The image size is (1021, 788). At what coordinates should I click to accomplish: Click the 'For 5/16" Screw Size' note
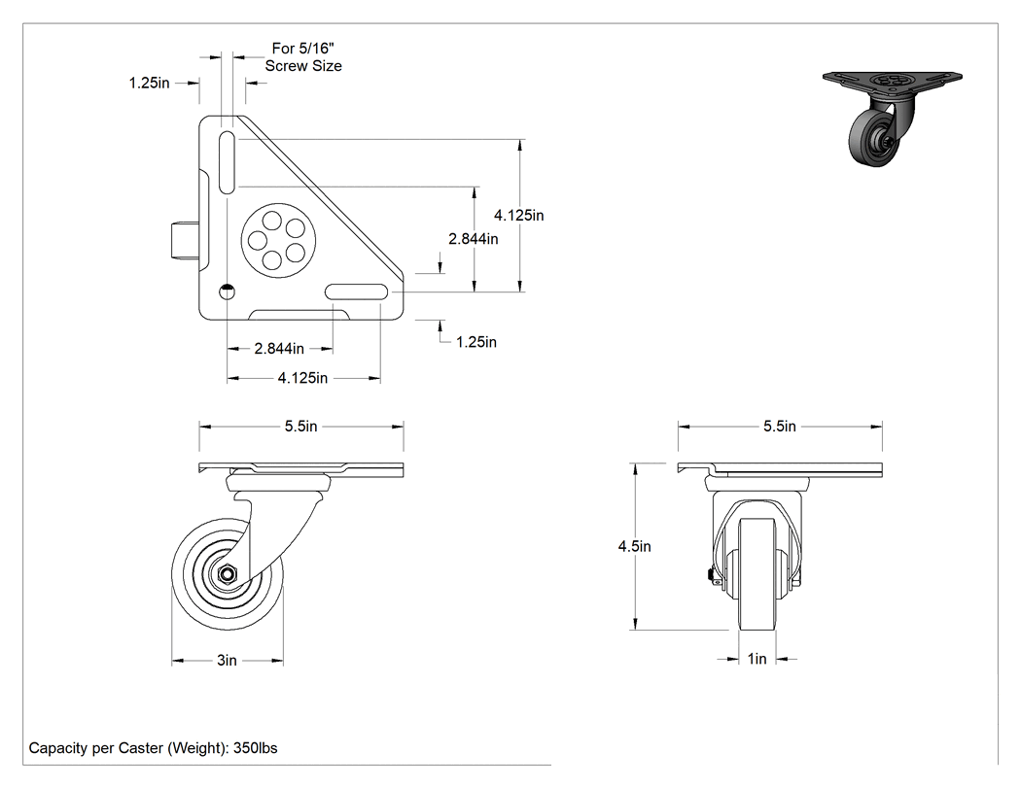pos(302,57)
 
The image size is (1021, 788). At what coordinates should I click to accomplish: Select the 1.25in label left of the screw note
pos(149,83)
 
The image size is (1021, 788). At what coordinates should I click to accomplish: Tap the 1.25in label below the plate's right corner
pos(476,342)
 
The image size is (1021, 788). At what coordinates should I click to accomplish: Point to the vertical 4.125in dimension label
pos(519,215)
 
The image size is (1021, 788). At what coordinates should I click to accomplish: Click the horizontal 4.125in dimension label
pos(302,377)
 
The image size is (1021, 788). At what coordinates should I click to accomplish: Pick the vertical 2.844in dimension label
pos(474,239)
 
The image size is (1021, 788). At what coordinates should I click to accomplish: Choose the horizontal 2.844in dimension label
pos(279,348)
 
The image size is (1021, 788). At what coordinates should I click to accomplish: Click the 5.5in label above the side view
pos(300,427)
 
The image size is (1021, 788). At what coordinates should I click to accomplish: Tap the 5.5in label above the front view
pos(780,427)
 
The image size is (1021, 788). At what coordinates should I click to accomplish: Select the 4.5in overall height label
pos(635,546)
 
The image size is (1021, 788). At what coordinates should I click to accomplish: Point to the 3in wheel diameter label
pos(228,661)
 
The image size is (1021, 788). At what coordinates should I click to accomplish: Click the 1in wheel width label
pos(757,659)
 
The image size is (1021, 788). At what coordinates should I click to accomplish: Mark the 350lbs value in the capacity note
pos(255,747)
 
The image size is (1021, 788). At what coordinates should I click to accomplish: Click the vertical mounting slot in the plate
pos(228,162)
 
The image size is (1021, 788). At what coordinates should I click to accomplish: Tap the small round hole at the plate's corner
pos(228,292)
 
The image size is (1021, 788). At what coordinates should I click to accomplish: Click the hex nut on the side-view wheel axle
pos(228,574)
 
